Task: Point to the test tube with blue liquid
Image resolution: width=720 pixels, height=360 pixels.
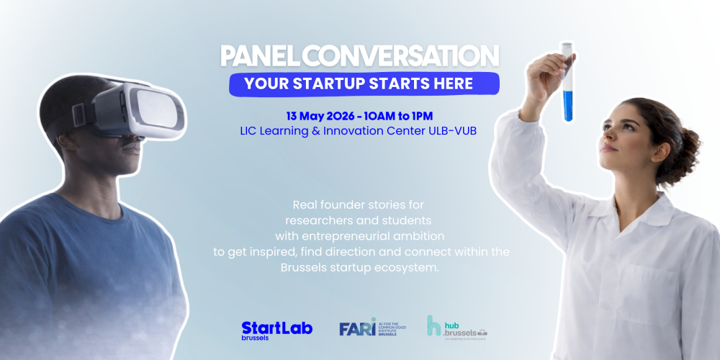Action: tap(568, 83)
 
